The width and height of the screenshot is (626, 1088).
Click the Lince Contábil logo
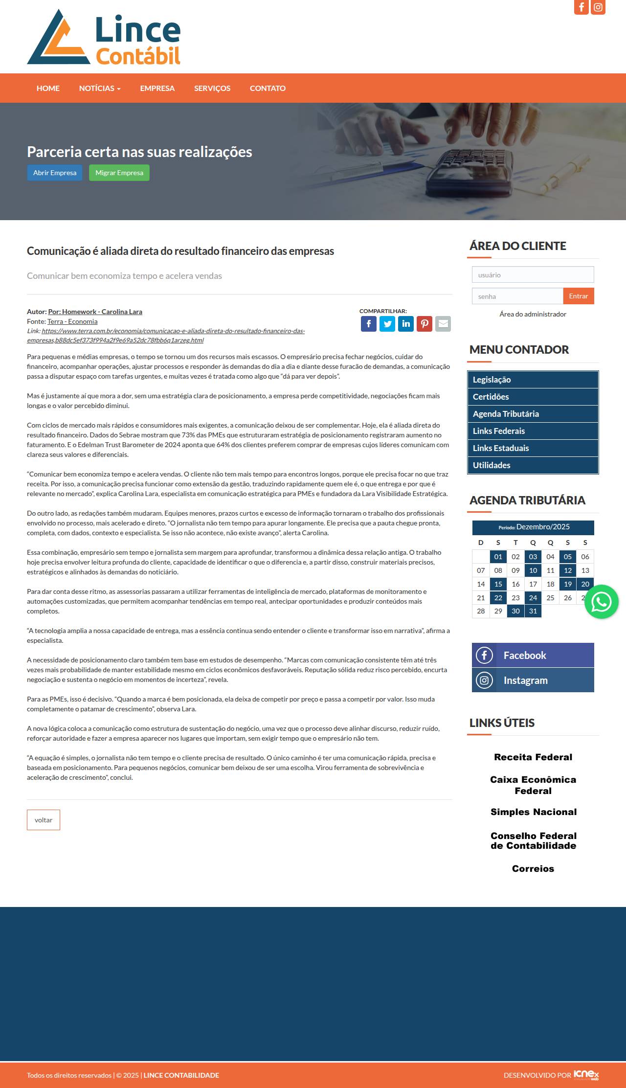[104, 38]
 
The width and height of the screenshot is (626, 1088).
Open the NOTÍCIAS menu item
[99, 88]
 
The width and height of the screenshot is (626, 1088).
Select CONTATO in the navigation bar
[268, 88]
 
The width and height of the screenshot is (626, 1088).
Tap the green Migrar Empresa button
[119, 173]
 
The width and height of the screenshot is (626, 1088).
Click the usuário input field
[533, 275]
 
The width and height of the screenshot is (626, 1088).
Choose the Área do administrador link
[533, 314]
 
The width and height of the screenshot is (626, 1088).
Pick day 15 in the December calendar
[498, 584]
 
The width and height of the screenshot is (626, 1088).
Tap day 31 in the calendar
[533, 611]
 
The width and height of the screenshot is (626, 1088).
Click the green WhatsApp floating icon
[601, 602]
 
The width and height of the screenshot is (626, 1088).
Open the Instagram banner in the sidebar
[533, 680]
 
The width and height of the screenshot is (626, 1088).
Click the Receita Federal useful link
[533, 757]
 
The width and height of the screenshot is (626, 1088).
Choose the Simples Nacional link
[533, 812]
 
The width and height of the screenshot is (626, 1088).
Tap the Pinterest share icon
[425, 324]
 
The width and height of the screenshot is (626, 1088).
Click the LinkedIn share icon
[406, 324]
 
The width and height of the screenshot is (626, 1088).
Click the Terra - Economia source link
[72, 321]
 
